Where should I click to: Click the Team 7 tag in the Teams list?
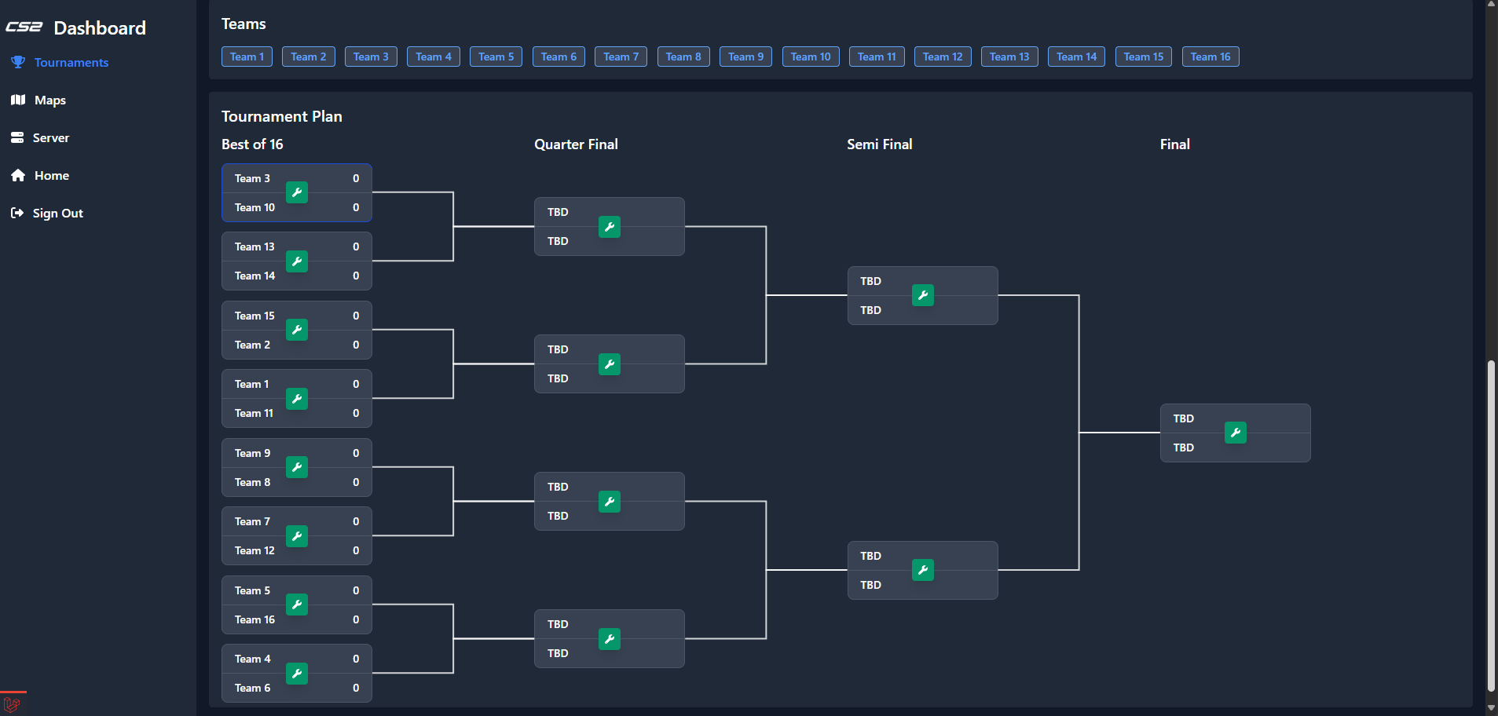coord(621,57)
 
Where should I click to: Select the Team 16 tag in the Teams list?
coord(1210,57)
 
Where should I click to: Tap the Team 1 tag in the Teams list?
coord(247,57)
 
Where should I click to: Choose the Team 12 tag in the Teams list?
coord(942,57)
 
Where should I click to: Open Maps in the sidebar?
coord(49,100)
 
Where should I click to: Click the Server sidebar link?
coord(50,138)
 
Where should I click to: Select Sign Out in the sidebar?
coord(57,214)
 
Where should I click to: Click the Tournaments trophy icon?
coord(18,63)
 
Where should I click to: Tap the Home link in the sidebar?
coord(51,176)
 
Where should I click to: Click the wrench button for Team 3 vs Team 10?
coord(297,192)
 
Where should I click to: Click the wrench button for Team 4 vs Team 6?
coord(297,673)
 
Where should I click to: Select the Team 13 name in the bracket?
coord(255,247)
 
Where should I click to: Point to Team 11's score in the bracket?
coord(356,413)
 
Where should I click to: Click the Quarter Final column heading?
coord(576,144)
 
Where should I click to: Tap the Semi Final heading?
coord(879,144)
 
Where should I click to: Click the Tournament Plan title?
coord(281,116)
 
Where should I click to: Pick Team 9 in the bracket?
coord(252,453)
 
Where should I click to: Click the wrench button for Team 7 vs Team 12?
coord(297,536)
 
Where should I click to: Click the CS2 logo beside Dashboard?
coord(24,27)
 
